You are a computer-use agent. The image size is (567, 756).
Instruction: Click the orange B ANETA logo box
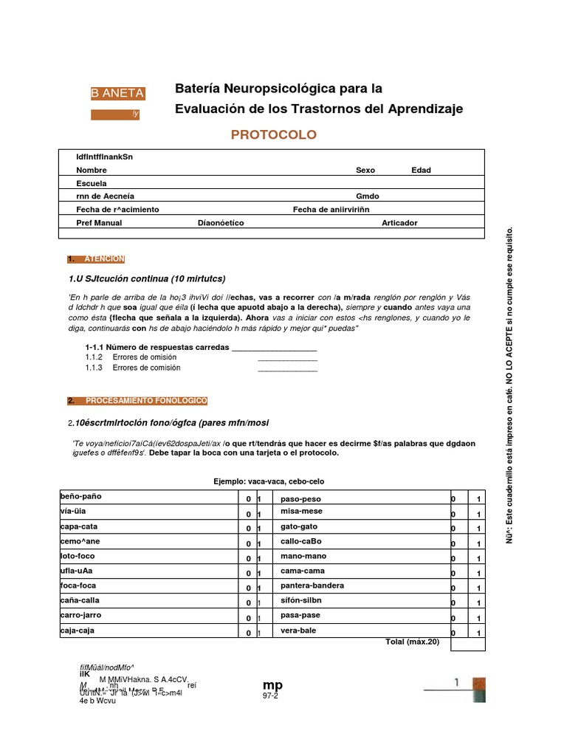pyautogui.click(x=117, y=93)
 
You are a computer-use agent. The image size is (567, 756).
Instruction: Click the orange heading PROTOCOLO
pyautogui.click(x=274, y=134)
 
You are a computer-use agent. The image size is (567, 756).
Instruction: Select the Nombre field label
pyautogui.click(x=92, y=170)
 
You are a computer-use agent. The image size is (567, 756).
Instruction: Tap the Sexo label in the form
pyautogui.click(x=365, y=170)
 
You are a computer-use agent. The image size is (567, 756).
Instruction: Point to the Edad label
pyautogui.click(x=421, y=170)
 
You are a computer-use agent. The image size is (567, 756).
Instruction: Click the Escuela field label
pyautogui.click(x=92, y=183)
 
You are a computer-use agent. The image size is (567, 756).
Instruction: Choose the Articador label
pyautogui.click(x=399, y=222)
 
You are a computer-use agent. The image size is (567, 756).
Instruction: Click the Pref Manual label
pyautogui.click(x=99, y=222)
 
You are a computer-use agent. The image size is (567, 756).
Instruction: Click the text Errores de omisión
pyautogui.click(x=145, y=357)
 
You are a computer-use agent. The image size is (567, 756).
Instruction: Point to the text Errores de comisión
pyautogui.click(x=146, y=368)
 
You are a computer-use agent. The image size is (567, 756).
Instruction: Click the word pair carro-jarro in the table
pyautogui.click(x=80, y=615)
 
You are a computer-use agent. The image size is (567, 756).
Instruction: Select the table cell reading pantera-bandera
pyautogui.click(x=312, y=586)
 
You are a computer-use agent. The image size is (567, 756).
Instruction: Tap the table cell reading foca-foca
pyautogui.click(x=78, y=585)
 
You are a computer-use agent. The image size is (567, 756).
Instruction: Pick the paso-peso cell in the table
pyautogui.click(x=301, y=499)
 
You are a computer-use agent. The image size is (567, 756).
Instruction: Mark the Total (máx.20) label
pyautogui.click(x=412, y=642)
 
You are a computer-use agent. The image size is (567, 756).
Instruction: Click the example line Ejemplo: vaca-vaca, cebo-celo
pyautogui.click(x=269, y=481)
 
